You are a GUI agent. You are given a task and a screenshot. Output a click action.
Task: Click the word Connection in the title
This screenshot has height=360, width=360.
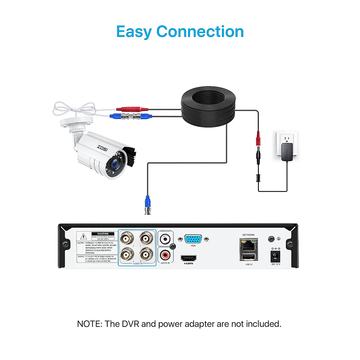pyautogui.click(x=200, y=31)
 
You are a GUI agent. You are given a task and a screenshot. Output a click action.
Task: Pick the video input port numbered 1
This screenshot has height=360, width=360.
pyautogui.click(x=145, y=239)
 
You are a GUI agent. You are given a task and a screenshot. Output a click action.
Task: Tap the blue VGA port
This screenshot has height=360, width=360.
pyautogui.click(x=193, y=239)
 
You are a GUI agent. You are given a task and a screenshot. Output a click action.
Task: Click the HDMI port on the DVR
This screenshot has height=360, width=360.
pyautogui.click(x=188, y=258)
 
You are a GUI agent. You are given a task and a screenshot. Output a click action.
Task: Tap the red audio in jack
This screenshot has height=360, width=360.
pyautogui.click(x=165, y=256)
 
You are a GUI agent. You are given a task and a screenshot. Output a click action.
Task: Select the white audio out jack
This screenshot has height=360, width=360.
pyautogui.click(x=165, y=239)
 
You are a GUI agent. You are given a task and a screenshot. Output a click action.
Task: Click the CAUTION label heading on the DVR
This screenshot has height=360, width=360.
pyautogui.click(x=103, y=234)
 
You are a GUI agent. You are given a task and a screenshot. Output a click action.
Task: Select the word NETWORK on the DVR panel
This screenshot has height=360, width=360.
pyautogui.click(x=248, y=235)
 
